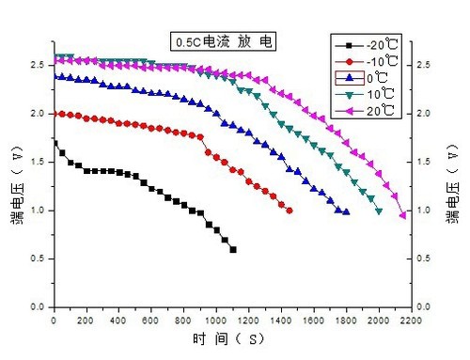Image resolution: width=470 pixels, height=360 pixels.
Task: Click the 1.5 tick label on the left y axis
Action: tap(36, 162)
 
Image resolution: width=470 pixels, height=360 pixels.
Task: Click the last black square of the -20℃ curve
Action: tap(233, 249)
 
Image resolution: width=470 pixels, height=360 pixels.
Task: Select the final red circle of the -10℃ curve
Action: tap(289, 211)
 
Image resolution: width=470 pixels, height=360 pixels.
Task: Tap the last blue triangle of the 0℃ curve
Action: tap(347, 211)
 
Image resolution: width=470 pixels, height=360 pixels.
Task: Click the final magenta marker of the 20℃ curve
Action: tap(403, 215)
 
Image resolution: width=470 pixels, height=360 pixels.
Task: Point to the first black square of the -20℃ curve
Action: tap(54, 143)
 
